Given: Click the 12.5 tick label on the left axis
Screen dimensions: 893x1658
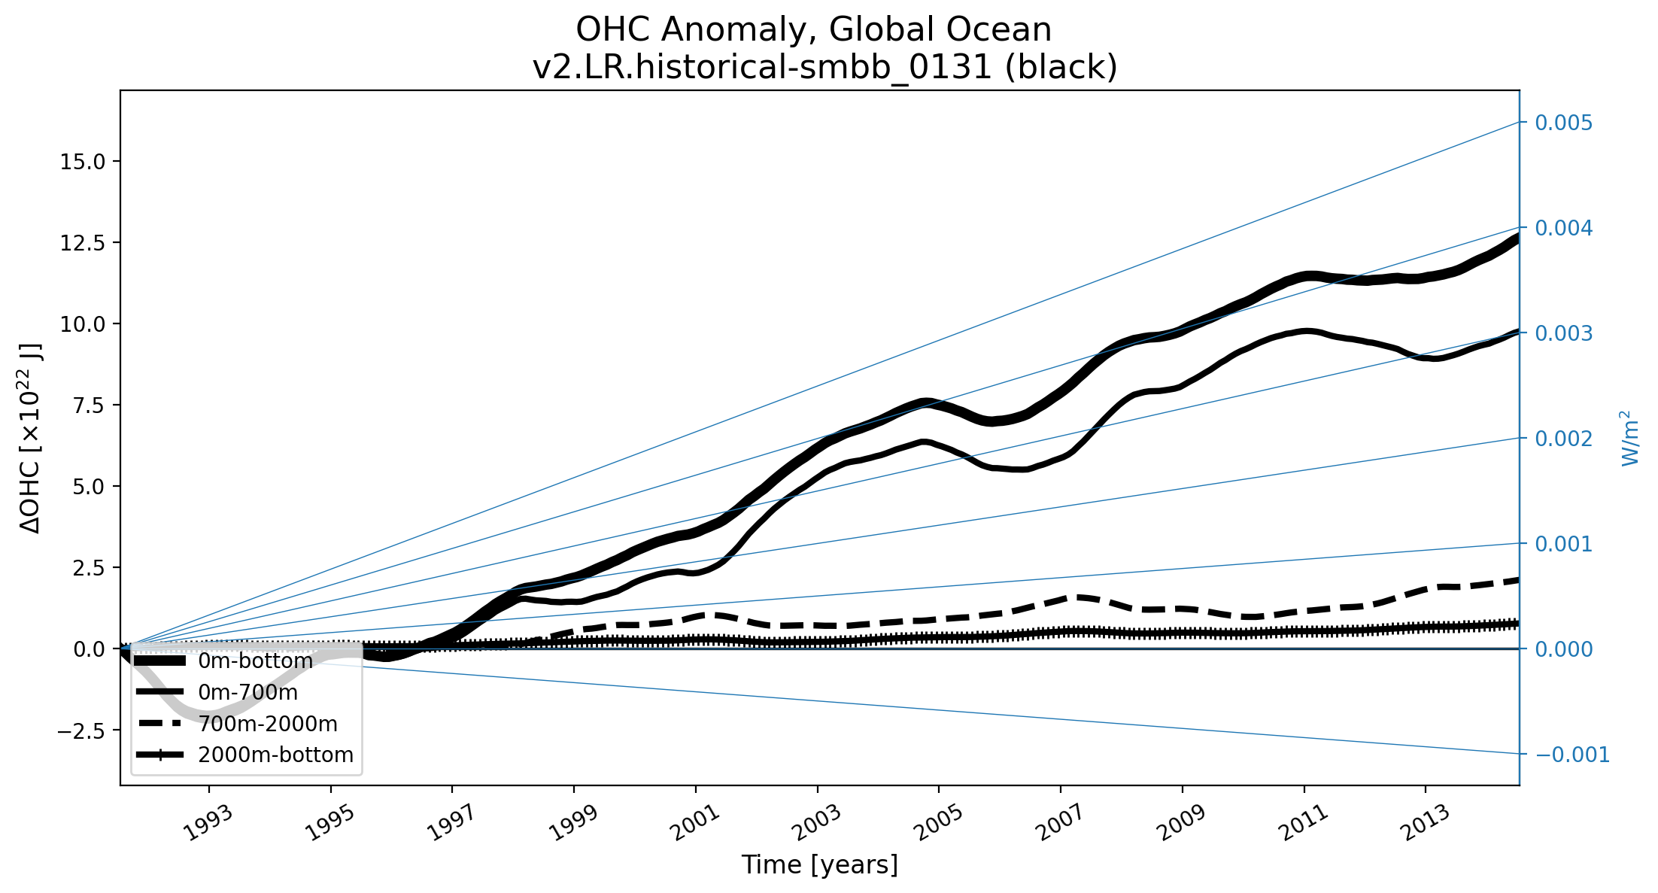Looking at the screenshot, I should [84, 243].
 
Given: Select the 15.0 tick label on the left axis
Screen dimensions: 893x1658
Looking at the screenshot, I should [84, 162].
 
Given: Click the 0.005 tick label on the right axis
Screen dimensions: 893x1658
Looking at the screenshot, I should [1563, 123].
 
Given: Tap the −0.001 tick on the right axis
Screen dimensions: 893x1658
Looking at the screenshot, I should [1571, 755].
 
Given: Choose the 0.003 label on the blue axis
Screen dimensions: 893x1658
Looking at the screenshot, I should [1563, 333].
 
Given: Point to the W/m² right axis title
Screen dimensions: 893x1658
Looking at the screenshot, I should [1629, 438].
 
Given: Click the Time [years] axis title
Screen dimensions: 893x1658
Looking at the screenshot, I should [819, 865].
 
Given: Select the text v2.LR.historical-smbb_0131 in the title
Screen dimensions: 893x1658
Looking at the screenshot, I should [763, 68].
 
